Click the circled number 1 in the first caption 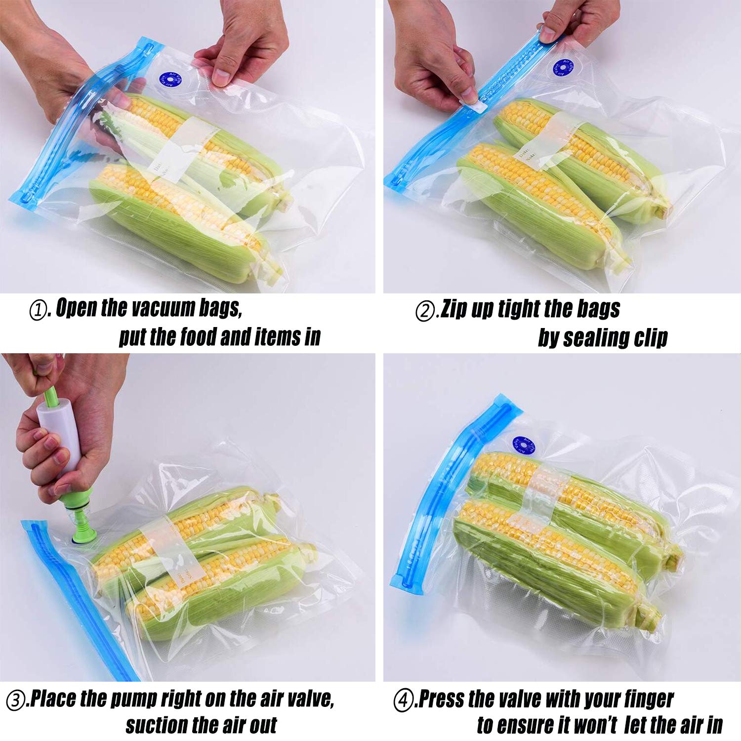pyautogui.click(x=38, y=311)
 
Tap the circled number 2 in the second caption pyautogui.click(x=424, y=312)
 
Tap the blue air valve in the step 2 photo pyautogui.click(x=563, y=68)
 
